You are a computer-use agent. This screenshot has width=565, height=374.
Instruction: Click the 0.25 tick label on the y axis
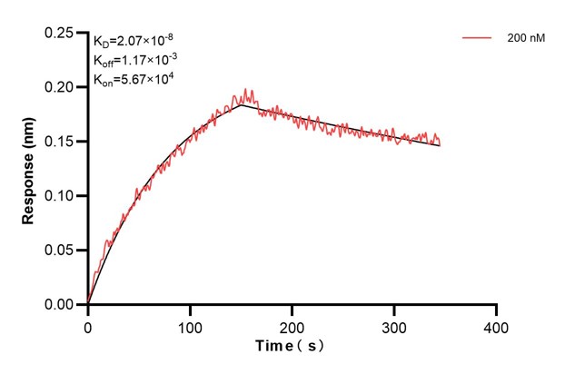pyautogui.click(x=61, y=33)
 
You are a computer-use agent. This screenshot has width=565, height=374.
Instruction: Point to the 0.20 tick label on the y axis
pyautogui.click(x=61, y=87)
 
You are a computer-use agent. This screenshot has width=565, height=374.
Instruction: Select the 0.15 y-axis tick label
pyautogui.click(x=61, y=142)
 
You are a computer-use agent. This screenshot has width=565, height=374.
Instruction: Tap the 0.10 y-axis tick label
pyautogui.click(x=61, y=196)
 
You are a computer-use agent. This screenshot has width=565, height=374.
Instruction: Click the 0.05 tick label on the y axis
pyautogui.click(x=61, y=251)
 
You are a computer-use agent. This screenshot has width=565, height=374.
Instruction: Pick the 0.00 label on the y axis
pyautogui.click(x=61, y=305)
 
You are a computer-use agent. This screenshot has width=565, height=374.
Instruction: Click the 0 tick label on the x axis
pyautogui.click(x=88, y=325)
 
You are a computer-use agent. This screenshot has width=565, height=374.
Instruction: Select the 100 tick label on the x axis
pyautogui.click(x=190, y=325)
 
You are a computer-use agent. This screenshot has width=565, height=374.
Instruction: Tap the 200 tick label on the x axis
pyautogui.click(x=292, y=325)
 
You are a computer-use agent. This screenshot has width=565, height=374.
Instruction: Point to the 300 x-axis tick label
pyautogui.click(x=394, y=325)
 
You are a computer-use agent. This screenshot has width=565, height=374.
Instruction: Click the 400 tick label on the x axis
pyautogui.click(x=496, y=325)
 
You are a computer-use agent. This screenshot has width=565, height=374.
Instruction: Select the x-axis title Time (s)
pyautogui.click(x=292, y=347)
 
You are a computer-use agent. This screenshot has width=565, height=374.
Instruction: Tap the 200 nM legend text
pyautogui.click(x=525, y=39)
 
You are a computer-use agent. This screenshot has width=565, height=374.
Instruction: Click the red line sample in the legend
pyautogui.click(x=478, y=39)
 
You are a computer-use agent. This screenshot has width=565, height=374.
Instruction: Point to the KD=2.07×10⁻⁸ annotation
pyautogui.click(x=134, y=40)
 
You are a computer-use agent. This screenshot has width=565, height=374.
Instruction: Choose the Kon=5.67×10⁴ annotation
pyautogui.click(x=134, y=80)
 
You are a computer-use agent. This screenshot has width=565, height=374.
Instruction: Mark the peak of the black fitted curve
pyautogui.click(x=242, y=105)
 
